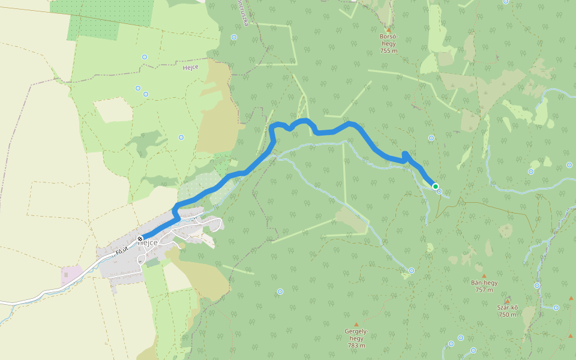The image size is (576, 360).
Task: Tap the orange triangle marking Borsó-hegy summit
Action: pyautogui.click(x=389, y=30)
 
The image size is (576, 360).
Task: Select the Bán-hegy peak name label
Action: pyautogui.click(x=484, y=283)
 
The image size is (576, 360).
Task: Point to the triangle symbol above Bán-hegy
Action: pyautogui.click(x=484, y=276)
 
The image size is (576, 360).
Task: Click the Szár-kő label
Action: pyautogui.click(x=507, y=308)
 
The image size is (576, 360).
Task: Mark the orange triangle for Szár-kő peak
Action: pyautogui.click(x=508, y=301)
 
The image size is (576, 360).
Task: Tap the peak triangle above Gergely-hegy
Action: pyautogui.click(x=356, y=325)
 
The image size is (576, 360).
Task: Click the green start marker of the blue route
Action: pyautogui.click(x=435, y=187)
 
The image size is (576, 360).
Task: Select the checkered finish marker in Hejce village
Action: pyautogui.click(x=140, y=239)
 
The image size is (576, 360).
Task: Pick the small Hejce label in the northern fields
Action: pyautogui.click(x=190, y=68)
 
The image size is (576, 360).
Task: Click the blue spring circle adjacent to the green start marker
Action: pyautogui.click(x=440, y=191)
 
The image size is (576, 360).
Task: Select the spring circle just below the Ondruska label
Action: pyautogui.click(x=234, y=37)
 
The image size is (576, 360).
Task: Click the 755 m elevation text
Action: pyautogui.click(x=389, y=51)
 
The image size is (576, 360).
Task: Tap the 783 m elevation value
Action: pyautogui.click(x=356, y=346)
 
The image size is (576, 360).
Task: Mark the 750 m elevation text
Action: pyautogui.click(x=507, y=315)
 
